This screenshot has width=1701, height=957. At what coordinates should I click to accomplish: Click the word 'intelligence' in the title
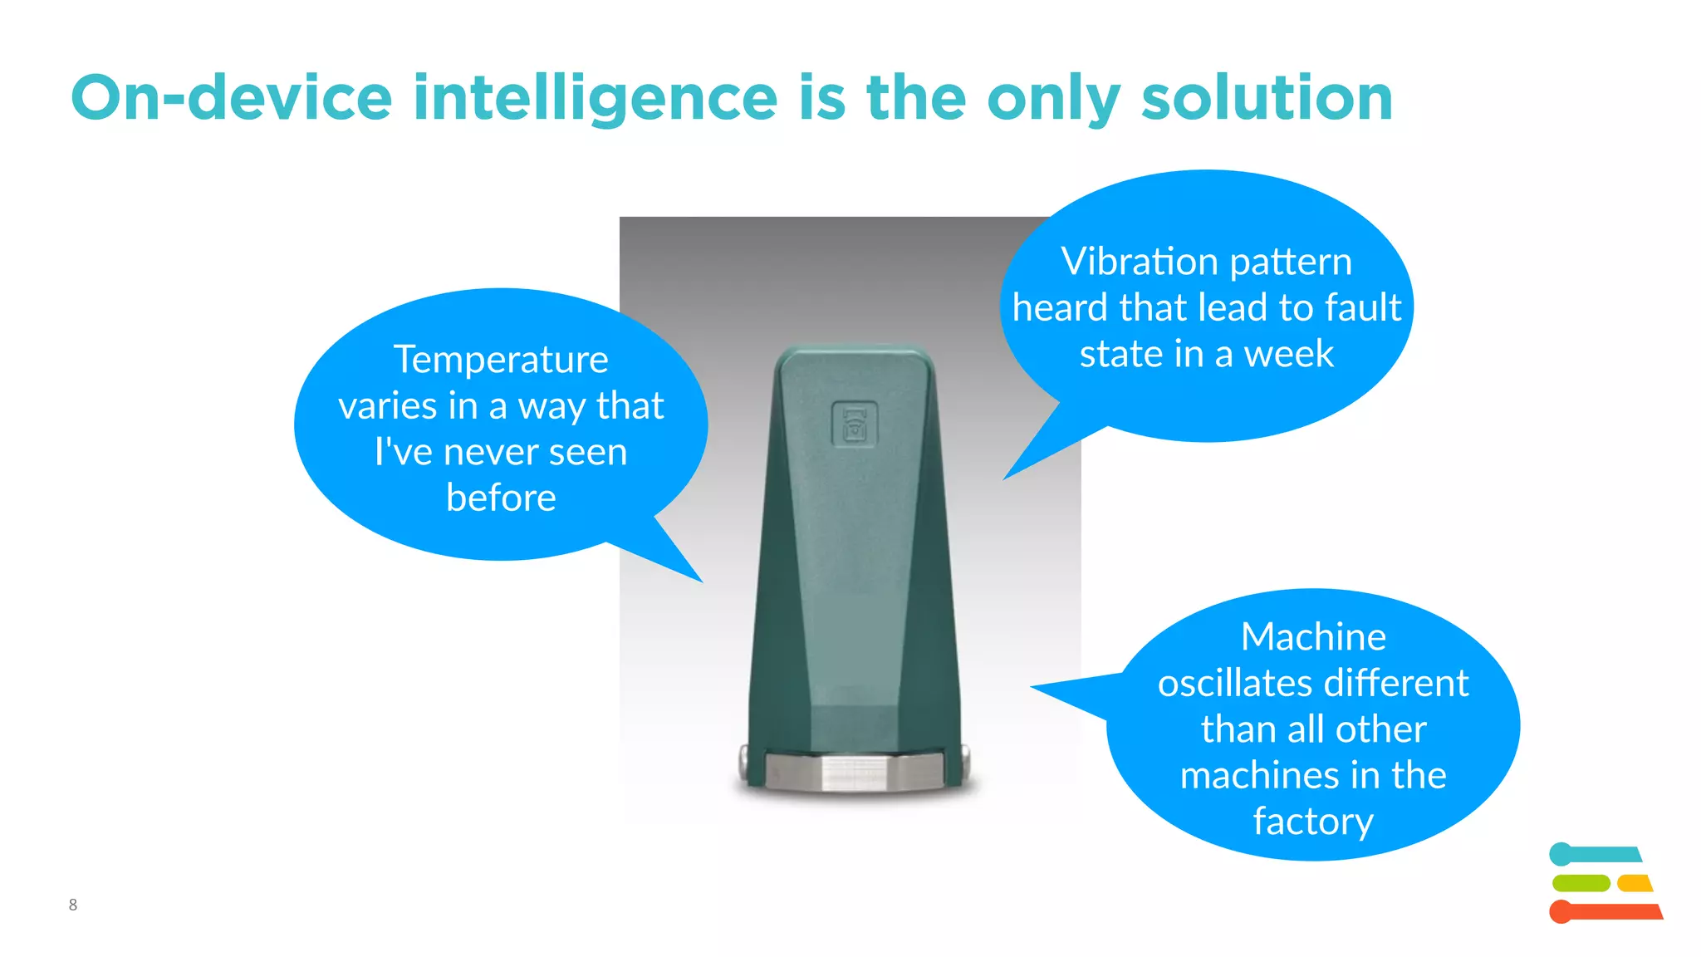coord(595,98)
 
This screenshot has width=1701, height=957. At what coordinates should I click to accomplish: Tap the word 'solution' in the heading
coord(1267,98)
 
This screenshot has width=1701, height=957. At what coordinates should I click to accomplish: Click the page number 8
coord(73,905)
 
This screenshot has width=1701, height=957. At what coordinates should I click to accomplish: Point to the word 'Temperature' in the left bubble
coord(501,360)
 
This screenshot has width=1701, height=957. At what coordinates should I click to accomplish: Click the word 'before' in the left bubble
coord(501,498)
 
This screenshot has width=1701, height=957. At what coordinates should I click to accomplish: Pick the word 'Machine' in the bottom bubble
coord(1313,637)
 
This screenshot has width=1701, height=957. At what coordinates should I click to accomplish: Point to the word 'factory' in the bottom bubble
coord(1313,822)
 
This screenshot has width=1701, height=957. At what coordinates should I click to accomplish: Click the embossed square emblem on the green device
coord(854,424)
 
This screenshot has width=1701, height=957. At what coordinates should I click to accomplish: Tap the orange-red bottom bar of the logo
coord(1607,911)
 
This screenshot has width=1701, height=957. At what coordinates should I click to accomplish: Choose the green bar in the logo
coord(1580,883)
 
